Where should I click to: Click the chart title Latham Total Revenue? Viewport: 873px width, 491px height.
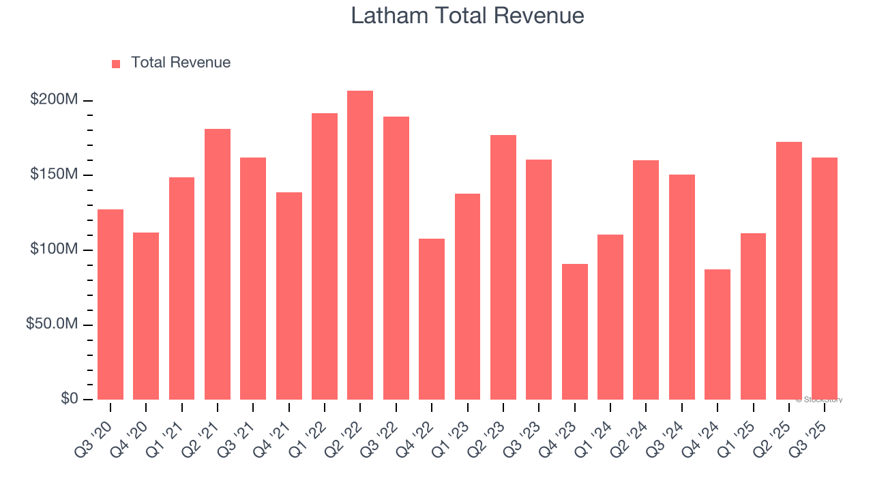[x=467, y=15]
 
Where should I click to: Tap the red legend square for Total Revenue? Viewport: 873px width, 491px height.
[x=116, y=63]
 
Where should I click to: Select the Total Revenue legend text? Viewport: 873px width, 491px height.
[x=180, y=63]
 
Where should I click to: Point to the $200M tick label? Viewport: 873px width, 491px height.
[x=54, y=100]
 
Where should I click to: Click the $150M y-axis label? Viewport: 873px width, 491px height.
[x=54, y=175]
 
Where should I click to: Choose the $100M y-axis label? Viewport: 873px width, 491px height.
[x=54, y=250]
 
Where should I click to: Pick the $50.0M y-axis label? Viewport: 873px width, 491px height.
[x=52, y=324]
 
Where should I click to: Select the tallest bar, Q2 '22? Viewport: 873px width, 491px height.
[x=360, y=245]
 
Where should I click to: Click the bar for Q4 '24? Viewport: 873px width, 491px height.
[x=717, y=334]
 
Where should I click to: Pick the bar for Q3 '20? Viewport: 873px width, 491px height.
[x=110, y=304]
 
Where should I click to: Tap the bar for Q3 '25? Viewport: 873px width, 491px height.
[x=825, y=278]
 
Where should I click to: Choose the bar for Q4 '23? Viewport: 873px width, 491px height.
[x=574, y=331]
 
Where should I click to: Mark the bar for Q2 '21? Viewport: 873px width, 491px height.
[x=218, y=264]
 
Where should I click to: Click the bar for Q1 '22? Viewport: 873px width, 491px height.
[x=325, y=256]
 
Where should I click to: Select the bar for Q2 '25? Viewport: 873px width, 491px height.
[x=789, y=271]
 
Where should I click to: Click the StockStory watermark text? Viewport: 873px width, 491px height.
[x=819, y=400]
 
